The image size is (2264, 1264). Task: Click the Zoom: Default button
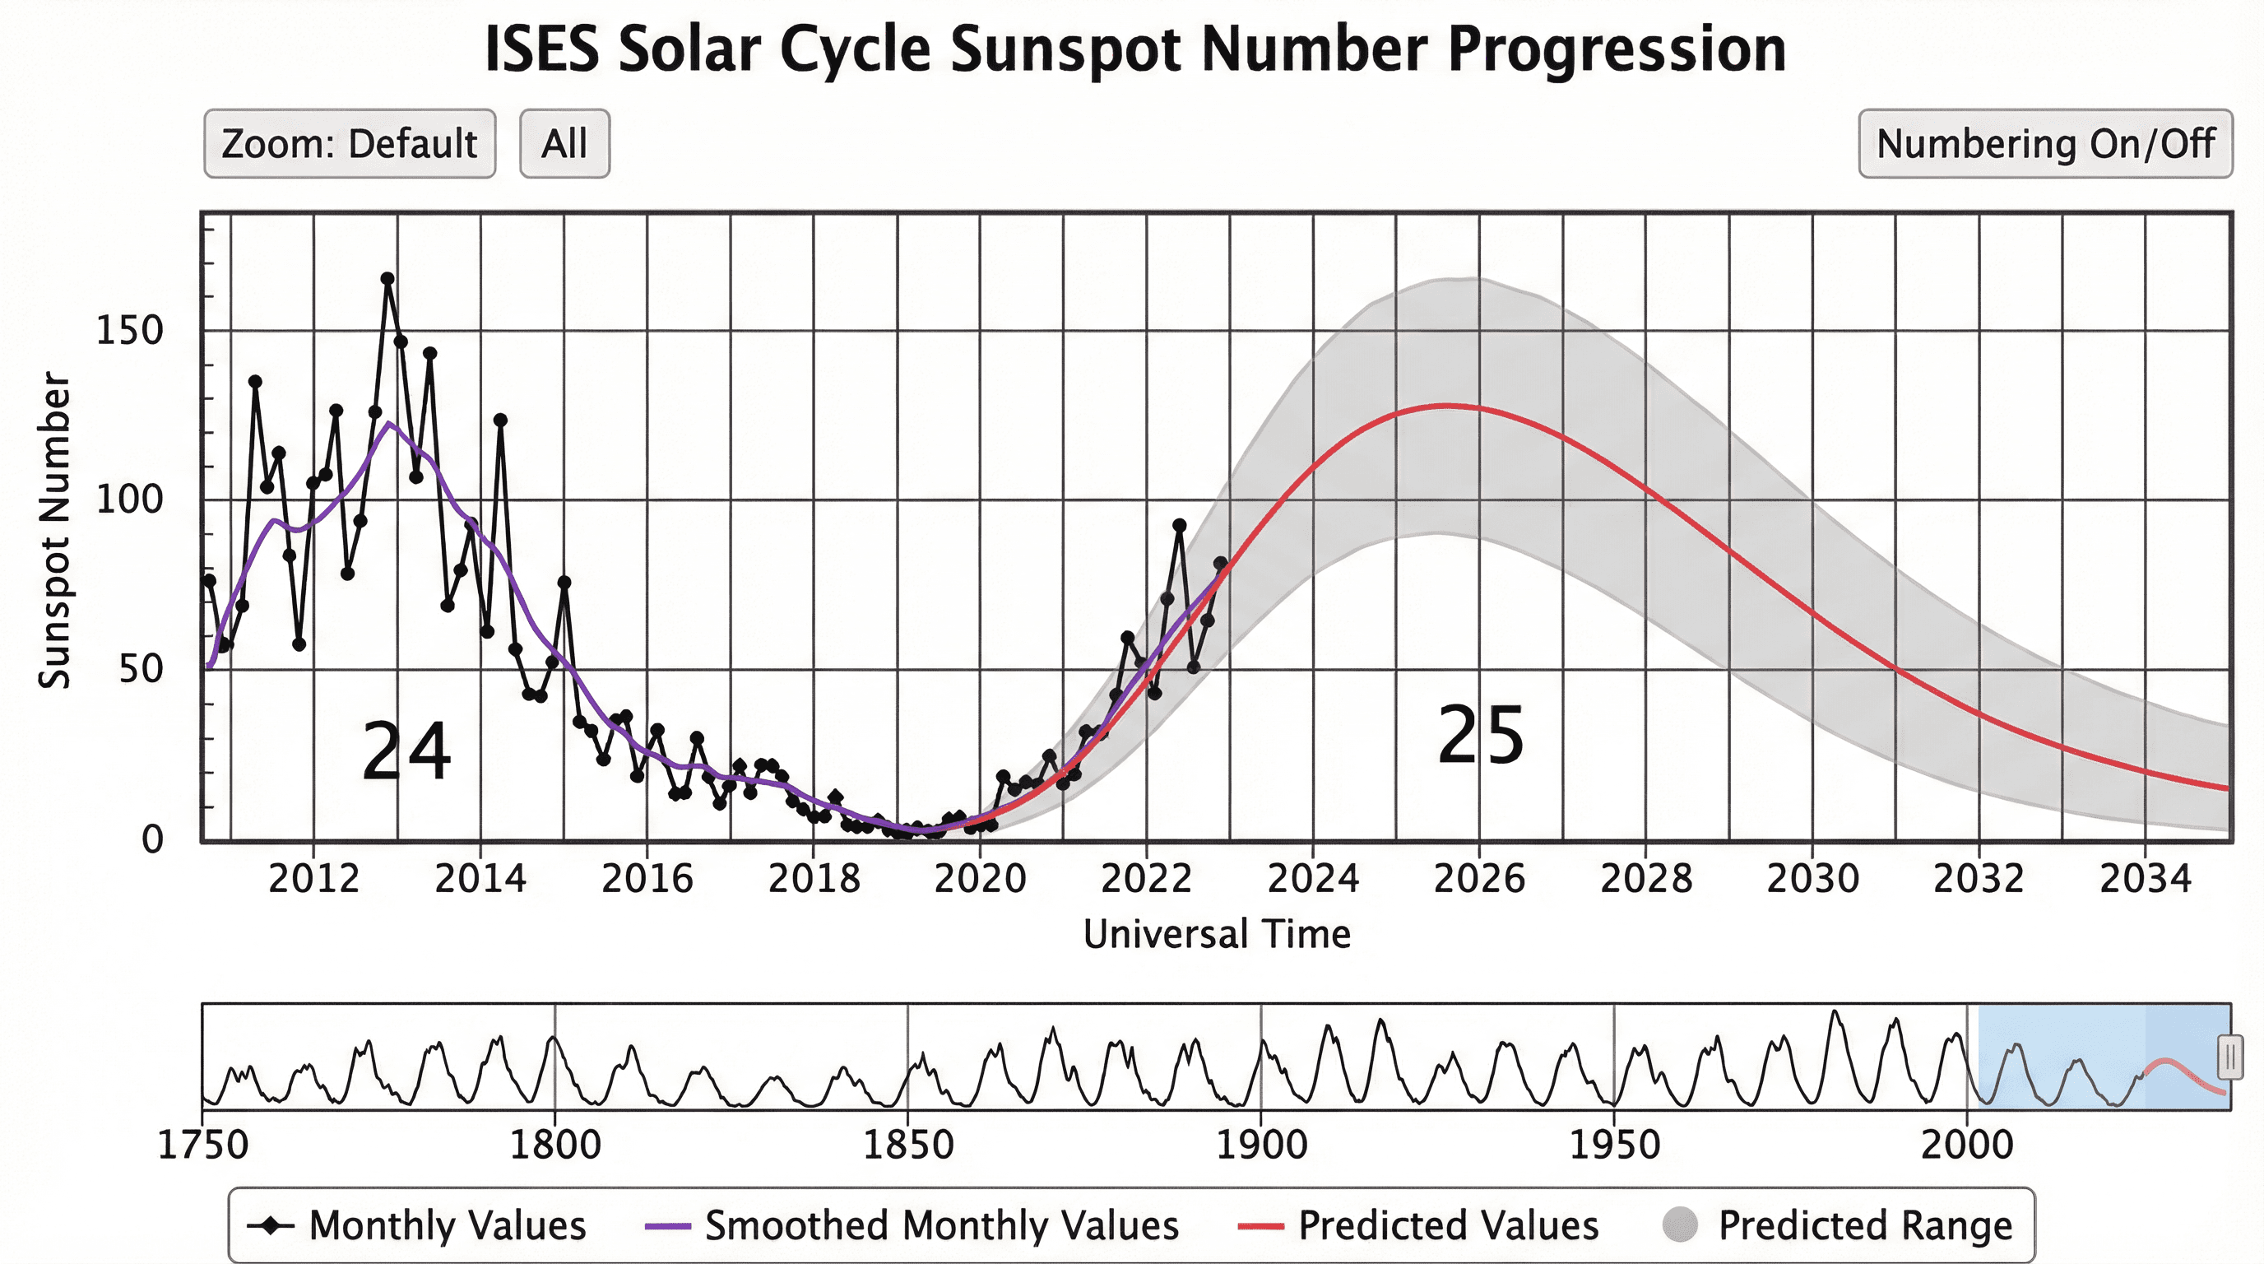(349, 144)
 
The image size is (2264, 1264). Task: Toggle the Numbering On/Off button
(2044, 144)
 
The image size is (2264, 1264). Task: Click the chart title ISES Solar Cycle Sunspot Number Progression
(1134, 49)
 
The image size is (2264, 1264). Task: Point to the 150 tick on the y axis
(129, 332)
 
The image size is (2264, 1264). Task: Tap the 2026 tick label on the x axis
(1478, 879)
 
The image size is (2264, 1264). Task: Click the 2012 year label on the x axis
(313, 879)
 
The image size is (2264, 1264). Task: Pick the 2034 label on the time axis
(2145, 879)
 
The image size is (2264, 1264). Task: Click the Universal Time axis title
(1217, 934)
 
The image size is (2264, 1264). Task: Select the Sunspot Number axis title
(54, 530)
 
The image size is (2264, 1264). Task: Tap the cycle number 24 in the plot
(406, 751)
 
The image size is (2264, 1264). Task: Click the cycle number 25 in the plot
(1480, 737)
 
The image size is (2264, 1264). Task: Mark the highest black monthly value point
(387, 279)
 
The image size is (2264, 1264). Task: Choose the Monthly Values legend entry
(416, 1225)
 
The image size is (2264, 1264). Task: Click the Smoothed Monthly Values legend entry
(912, 1225)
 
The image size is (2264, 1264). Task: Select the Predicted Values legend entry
(1417, 1225)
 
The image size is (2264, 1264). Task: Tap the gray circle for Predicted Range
(1680, 1225)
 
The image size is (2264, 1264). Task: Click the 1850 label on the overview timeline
(908, 1145)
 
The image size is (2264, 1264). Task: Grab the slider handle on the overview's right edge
(2229, 1057)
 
